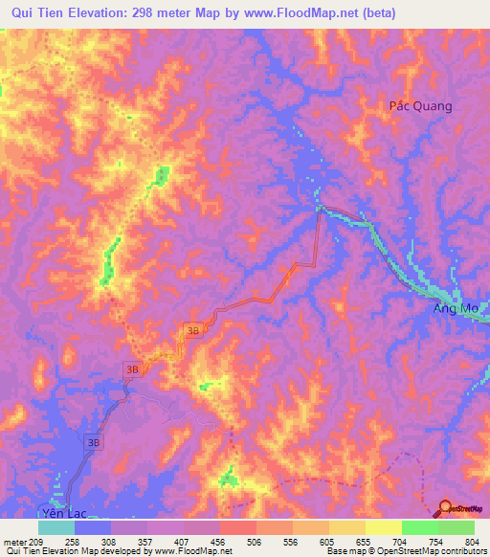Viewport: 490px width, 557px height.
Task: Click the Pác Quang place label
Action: click(x=419, y=106)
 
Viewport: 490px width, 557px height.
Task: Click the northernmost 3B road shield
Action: click(x=193, y=331)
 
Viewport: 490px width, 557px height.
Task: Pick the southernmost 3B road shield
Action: click(x=94, y=443)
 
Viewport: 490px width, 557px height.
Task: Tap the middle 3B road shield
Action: click(x=133, y=369)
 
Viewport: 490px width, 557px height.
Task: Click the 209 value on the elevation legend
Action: click(x=37, y=543)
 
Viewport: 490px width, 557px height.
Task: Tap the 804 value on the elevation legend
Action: click(x=471, y=543)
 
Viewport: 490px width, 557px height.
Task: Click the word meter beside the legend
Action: click(x=14, y=543)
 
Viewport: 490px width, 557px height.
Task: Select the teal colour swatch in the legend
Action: click(x=56, y=527)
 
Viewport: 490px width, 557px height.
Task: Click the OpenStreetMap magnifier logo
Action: click(x=445, y=508)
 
